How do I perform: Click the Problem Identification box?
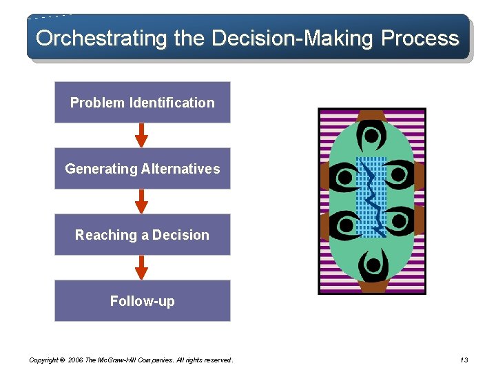click(142, 103)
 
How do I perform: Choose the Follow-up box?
click(142, 301)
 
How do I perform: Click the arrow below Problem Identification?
click(141, 135)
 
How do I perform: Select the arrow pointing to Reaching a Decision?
click(141, 201)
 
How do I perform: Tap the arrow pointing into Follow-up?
click(141, 267)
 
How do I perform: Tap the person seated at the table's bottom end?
click(372, 265)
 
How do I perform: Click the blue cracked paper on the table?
click(372, 197)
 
